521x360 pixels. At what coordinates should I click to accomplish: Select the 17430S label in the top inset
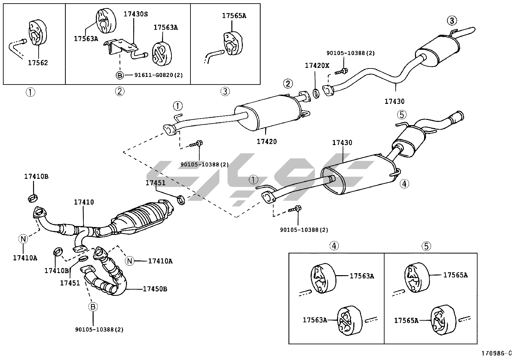(135, 14)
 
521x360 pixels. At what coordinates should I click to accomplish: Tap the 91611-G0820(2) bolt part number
(159, 75)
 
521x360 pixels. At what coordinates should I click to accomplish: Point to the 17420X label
(317, 66)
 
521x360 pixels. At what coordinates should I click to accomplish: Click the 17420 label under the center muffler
(266, 142)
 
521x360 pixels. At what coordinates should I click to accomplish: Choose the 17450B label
(155, 289)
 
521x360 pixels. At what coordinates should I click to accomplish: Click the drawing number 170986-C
(496, 353)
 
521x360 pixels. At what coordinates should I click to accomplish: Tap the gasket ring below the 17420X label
(316, 93)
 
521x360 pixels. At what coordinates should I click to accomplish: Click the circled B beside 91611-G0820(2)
(120, 75)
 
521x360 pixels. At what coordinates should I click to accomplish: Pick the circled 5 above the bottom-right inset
(426, 246)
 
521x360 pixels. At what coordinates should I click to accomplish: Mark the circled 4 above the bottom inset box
(334, 246)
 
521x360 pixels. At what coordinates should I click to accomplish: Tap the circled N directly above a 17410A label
(23, 239)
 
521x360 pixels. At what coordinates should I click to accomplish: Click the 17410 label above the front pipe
(83, 202)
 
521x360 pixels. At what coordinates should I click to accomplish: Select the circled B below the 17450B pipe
(93, 307)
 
